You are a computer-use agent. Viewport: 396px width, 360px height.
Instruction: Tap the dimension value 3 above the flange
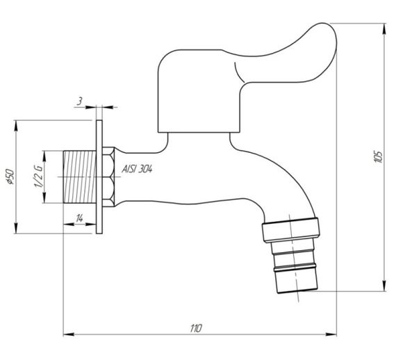[81, 101]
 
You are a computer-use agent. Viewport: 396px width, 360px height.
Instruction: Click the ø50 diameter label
[9, 178]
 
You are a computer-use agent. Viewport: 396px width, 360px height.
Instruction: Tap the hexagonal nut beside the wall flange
[110, 177]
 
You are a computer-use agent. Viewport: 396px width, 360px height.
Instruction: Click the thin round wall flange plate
[100, 177]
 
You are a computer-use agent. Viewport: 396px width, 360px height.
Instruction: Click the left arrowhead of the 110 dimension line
[67, 335]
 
